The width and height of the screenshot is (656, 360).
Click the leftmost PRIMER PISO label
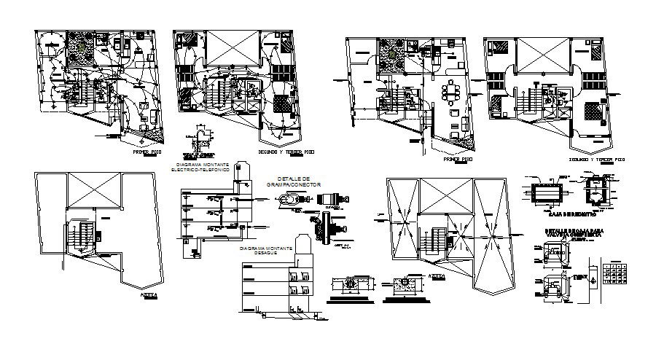click(147, 154)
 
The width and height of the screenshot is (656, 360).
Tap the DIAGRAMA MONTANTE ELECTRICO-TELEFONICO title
click(199, 168)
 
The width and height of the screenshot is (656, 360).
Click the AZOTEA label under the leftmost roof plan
click(149, 297)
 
